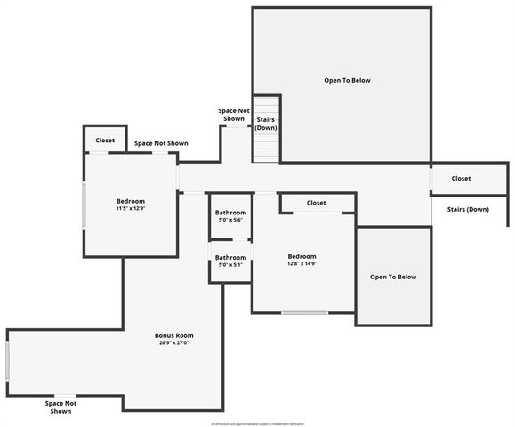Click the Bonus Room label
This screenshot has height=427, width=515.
(174, 335)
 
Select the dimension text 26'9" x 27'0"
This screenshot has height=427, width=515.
(174, 342)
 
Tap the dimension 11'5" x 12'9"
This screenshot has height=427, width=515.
(130, 209)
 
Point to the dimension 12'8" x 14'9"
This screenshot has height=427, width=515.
(302, 263)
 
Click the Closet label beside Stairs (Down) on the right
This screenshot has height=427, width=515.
(461, 179)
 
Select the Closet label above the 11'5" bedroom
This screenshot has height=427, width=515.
(105, 141)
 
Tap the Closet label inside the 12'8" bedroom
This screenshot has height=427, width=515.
(316, 203)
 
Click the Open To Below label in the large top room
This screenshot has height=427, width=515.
(347, 80)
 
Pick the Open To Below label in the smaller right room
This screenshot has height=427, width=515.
(393, 277)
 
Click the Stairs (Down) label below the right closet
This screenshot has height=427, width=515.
(466, 209)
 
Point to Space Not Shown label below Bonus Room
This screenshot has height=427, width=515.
(60, 407)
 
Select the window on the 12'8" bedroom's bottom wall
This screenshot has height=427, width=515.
(305, 313)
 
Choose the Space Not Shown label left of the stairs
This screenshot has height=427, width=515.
(234, 115)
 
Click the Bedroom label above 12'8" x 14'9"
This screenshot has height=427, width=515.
(302, 255)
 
